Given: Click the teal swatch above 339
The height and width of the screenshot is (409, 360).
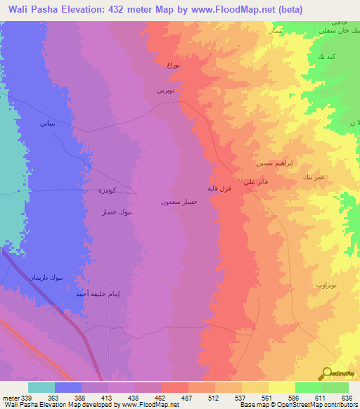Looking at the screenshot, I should (41, 387).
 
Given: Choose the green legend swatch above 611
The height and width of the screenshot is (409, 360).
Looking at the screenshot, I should (309, 387).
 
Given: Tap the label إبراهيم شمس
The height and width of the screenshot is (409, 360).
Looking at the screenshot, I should (274, 163).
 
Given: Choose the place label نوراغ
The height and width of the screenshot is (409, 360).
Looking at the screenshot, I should (173, 65).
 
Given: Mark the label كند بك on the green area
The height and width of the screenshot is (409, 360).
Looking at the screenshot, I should (326, 56).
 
